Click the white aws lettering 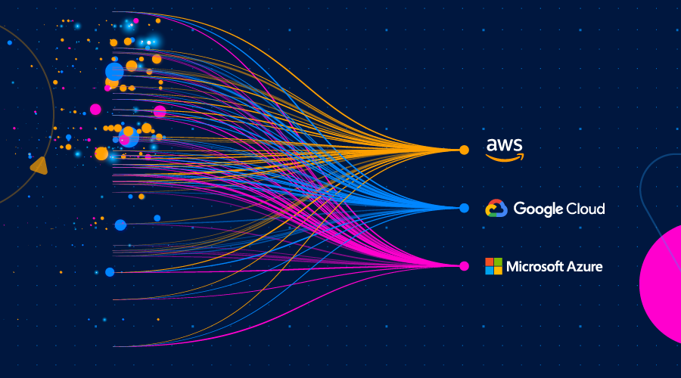click(505, 144)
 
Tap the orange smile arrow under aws click(505, 157)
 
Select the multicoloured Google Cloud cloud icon click(496, 209)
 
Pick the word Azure click(585, 266)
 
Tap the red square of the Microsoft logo click(490, 262)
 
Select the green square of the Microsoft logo click(498, 262)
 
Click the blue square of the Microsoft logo click(490, 270)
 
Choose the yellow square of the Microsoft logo click(498, 270)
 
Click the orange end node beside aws click(465, 150)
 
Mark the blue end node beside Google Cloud click(465, 208)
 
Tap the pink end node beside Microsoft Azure click(465, 265)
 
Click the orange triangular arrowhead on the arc click(39, 165)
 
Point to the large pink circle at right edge click(661, 283)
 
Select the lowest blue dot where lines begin click(110, 272)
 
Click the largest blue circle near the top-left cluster click(114, 72)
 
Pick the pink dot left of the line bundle click(95, 109)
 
